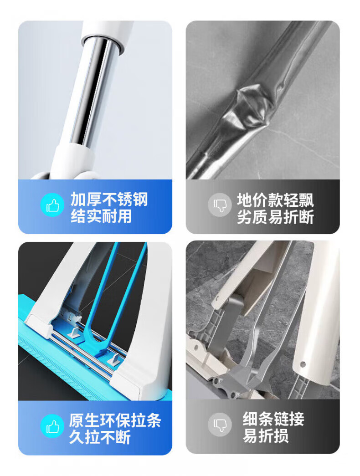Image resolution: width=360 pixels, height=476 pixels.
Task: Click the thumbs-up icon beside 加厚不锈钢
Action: pos(52,206)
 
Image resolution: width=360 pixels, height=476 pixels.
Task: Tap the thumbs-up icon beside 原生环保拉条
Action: pos(52,426)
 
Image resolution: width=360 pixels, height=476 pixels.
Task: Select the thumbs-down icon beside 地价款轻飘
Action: pos(220,205)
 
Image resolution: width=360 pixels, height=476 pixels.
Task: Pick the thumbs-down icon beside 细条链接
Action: pos(220,424)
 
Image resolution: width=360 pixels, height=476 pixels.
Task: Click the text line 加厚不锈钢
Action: pos(109,200)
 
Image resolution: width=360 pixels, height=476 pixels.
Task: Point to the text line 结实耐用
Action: pos(101,216)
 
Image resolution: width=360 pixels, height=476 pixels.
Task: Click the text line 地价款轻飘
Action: pos(275,200)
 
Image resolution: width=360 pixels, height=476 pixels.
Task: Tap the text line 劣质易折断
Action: pos(275,217)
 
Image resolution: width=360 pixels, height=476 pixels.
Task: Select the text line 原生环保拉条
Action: pos(115,420)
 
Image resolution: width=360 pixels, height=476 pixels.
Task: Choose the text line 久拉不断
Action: pos(100,437)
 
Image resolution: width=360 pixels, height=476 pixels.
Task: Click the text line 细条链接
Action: pos(273,419)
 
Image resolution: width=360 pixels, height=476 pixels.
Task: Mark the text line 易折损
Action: pos(266,436)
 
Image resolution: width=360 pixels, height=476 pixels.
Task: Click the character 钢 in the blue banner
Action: pos(140,200)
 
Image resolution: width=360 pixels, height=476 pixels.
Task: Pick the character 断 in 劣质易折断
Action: pos(306,217)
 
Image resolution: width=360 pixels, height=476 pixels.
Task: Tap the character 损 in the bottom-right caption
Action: pos(281,436)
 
